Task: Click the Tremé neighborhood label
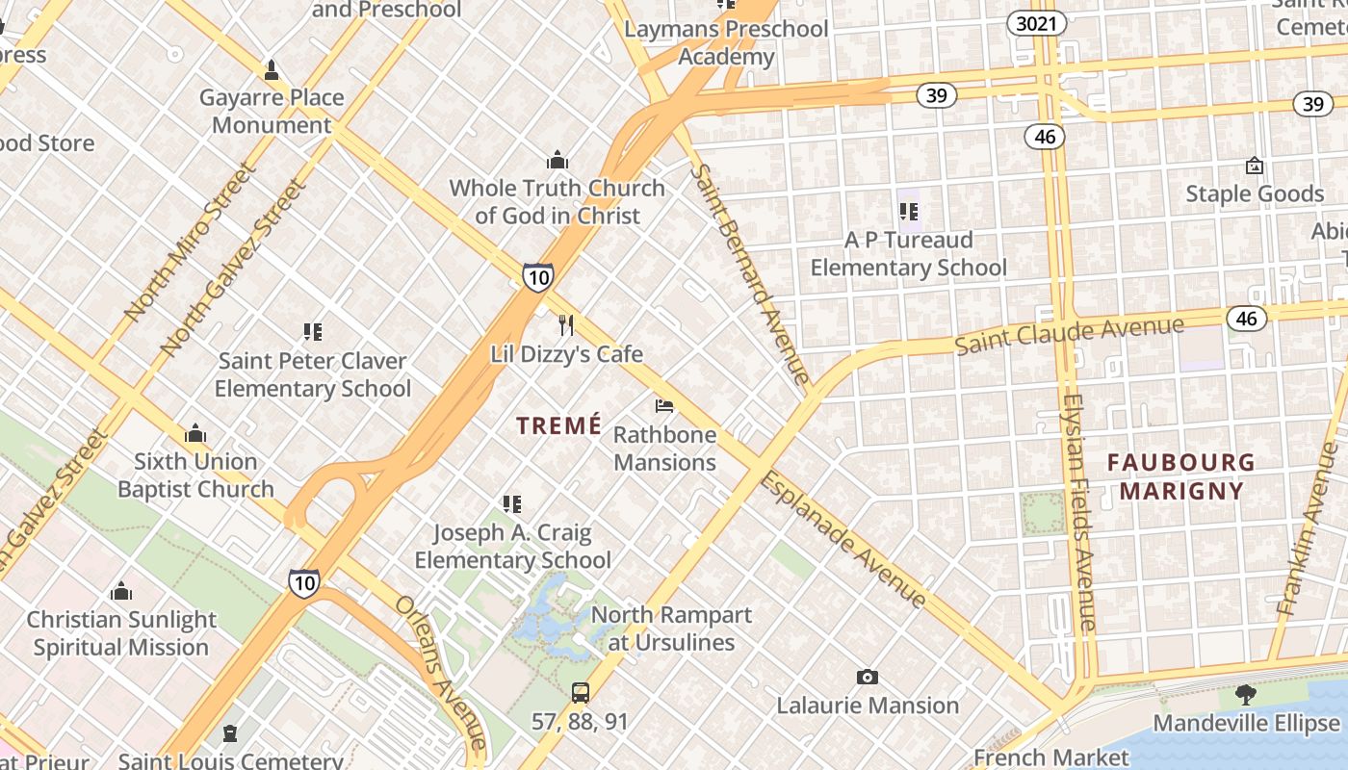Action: point(558,424)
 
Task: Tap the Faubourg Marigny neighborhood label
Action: point(1181,476)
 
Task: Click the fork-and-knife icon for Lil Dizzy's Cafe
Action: point(566,325)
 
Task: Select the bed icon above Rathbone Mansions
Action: point(664,406)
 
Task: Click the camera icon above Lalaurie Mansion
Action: point(868,678)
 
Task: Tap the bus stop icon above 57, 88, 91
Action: point(580,692)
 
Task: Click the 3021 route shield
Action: point(1037,23)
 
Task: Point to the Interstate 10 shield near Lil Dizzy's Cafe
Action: point(538,277)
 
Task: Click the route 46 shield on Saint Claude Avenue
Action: point(1247,318)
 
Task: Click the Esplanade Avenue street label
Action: point(843,539)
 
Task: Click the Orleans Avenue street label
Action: point(441,671)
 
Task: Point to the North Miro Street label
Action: point(190,242)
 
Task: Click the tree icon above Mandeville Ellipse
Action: point(1246,694)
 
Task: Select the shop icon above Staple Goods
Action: point(1254,166)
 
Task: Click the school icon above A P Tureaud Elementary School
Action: point(908,211)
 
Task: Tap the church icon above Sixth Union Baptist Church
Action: point(195,433)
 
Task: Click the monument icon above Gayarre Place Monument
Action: point(272,69)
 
